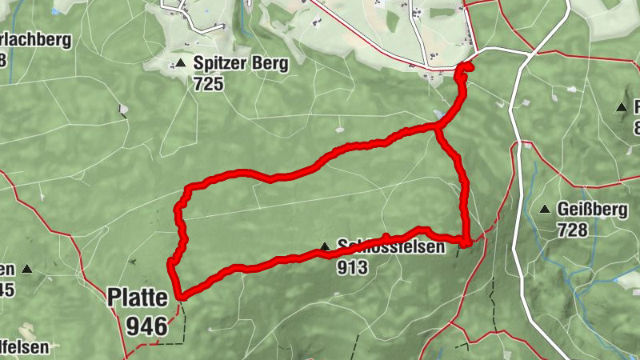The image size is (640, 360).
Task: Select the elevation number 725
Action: (x=208, y=82)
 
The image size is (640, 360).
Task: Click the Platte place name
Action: (x=138, y=298)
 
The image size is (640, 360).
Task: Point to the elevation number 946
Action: (x=146, y=325)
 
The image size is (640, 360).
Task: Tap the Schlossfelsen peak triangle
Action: (x=325, y=247)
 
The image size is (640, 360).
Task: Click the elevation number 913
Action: (x=352, y=267)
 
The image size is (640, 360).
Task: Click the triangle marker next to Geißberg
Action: (x=544, y=210)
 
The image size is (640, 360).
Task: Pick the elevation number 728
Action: (x=573, y=230)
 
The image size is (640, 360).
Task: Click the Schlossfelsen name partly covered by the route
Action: (x=390, y=248)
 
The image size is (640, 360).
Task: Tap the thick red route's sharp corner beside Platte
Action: (x=182, y=297)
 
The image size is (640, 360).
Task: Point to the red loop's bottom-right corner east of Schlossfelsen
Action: (x=466, y=240)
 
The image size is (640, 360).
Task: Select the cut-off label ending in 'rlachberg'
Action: (x=36, y=39)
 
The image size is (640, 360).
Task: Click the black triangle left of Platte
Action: (x=28, y=270)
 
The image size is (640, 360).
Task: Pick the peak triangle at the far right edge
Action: (x=622, y=107)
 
